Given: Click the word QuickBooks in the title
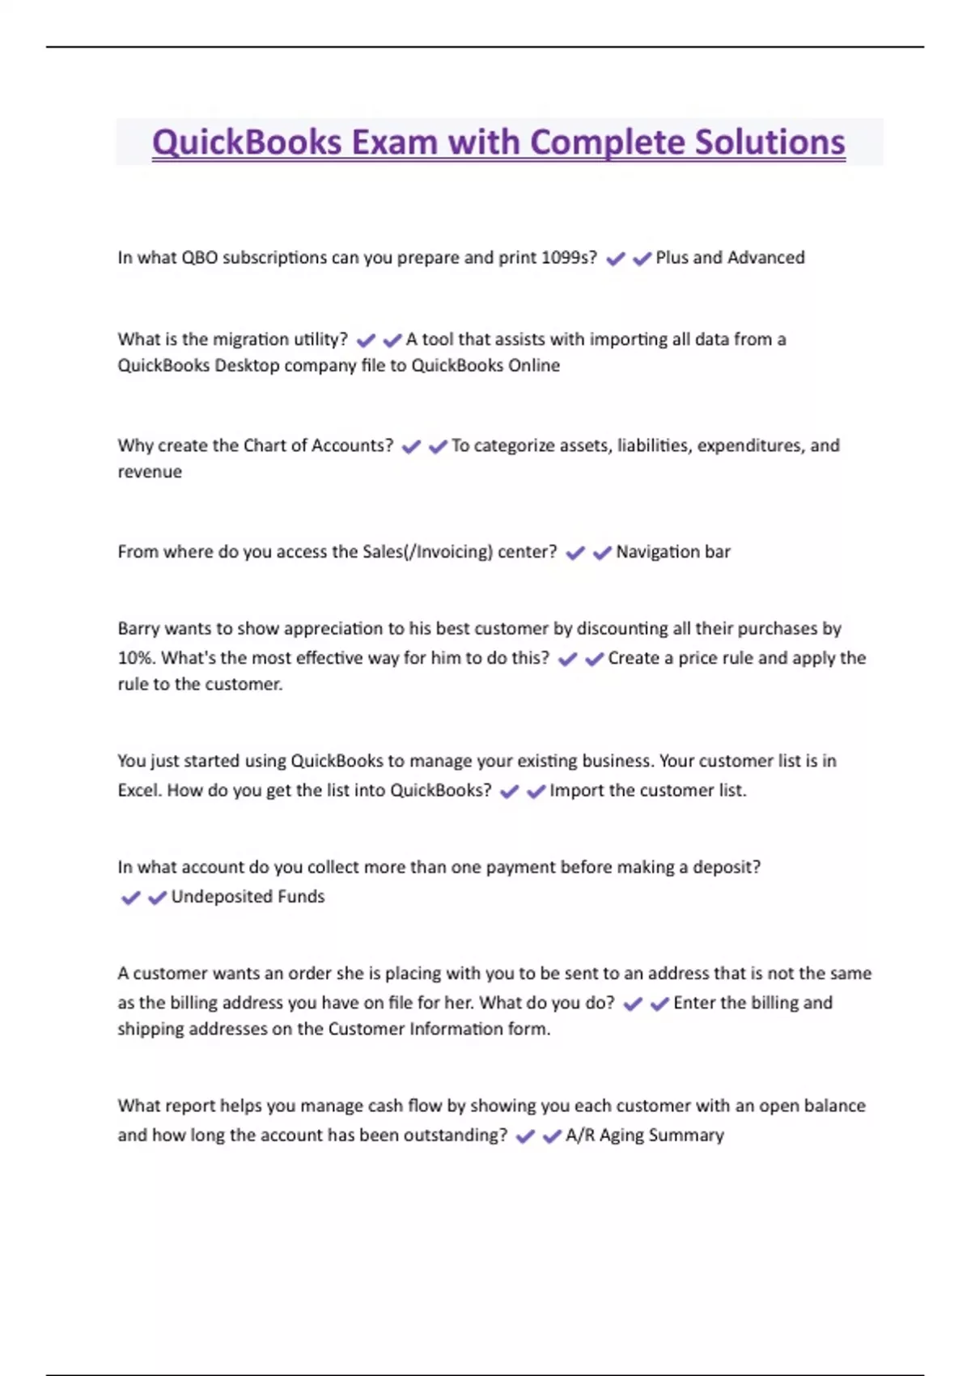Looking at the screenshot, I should (x=247, y=142).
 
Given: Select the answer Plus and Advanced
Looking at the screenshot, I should (x=730, y=257).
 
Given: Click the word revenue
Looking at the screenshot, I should (x=150, y=472).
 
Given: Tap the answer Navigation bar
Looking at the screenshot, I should (x=672, y=552).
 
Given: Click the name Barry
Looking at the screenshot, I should (x=138, y=629).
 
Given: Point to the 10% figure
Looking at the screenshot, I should (x=135, y=658).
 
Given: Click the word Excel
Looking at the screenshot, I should (x=138, y=790).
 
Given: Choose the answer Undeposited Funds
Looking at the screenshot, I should (x=248, y=897).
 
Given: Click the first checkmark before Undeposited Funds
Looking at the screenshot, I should (x=129, y=898).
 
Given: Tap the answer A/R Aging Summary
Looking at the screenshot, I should (x=644, y=1136).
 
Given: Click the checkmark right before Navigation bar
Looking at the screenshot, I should (x=601, y=553).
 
